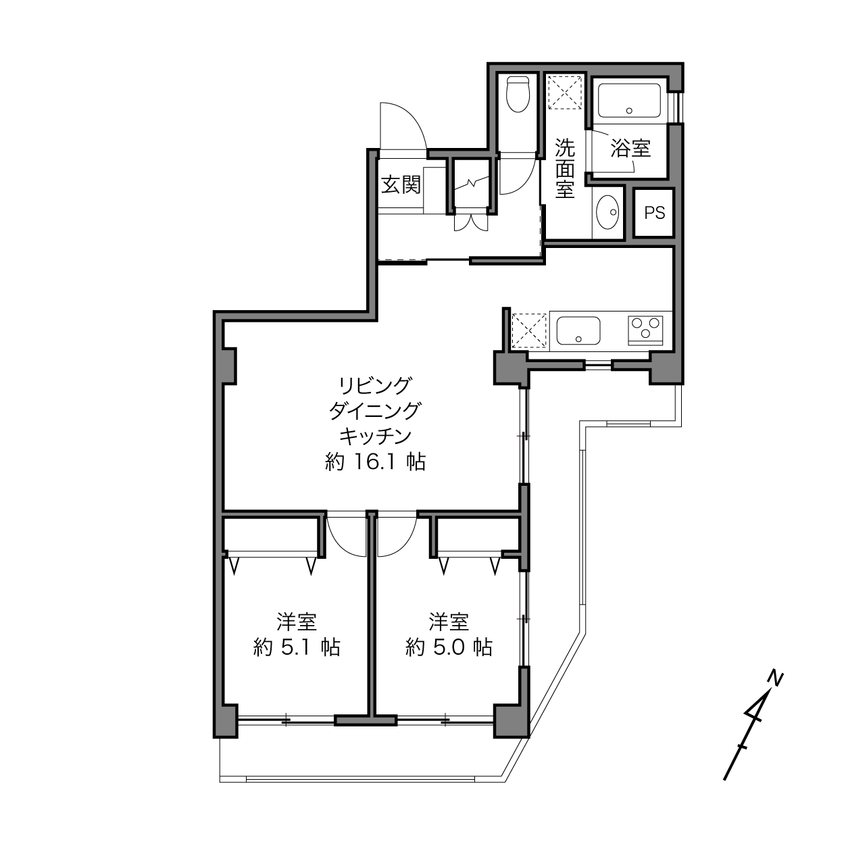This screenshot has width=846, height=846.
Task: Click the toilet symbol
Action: click(x=518, y=95)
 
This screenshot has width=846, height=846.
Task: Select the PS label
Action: click(x=655, y=213)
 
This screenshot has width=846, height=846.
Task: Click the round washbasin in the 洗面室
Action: click(x=607, y=212)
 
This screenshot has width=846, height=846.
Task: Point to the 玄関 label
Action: click(x=401, y=184)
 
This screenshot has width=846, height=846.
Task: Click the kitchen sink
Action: click(x=578, y=330)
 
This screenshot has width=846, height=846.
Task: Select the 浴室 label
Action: click(x=630, y=149)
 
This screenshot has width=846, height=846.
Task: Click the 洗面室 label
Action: click(x=565, y=168)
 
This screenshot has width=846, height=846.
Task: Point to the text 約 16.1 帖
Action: click(x=376, y=462)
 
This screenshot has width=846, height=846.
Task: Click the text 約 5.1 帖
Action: click(x=297, y=647)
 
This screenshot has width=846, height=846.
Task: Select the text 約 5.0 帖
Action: click(x=449, y=647)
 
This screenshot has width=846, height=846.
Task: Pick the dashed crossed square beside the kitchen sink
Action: click(x=529, y=330)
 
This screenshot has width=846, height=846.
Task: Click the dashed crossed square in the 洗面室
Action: click(x=566, y=92)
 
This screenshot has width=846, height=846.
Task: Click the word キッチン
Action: click(x=376, y=436)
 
